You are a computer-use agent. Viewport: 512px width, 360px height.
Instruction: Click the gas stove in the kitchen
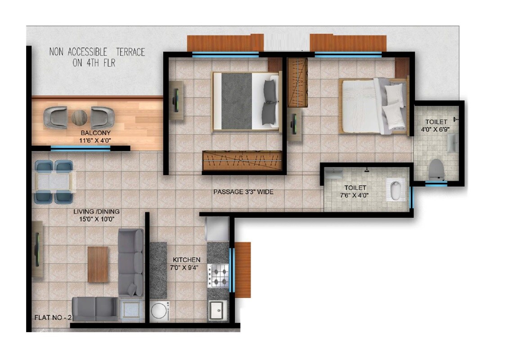point(218,275)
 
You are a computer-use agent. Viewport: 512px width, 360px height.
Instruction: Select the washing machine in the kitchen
point(160,311)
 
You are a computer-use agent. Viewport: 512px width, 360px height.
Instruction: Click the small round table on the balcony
point(79,118)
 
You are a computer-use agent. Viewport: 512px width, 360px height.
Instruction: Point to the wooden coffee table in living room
point(98,264)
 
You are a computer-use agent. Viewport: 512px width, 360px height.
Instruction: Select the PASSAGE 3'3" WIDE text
point(243,192)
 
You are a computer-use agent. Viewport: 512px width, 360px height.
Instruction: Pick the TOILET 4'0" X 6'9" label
point(436,126)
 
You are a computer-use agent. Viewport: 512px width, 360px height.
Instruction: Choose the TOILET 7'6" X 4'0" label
point(355,191)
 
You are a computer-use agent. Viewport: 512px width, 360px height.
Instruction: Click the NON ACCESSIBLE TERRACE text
point(97,57)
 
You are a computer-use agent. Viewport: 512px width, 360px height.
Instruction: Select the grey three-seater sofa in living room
point(130,261)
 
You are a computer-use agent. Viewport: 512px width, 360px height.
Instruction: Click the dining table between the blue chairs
point(54,182)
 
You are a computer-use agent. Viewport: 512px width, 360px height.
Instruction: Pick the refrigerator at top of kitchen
point(217,229)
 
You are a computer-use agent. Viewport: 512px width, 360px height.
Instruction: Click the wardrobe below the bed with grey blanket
point(243,161)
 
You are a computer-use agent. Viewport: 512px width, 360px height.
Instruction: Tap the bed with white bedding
point(373,106)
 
